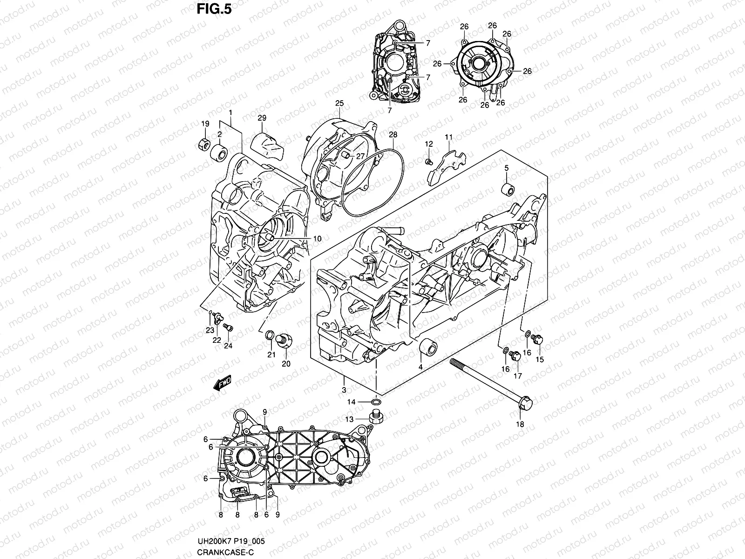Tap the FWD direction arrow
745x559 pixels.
(223, 383)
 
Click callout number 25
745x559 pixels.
(339, 103)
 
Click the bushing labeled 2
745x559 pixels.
(219, 152)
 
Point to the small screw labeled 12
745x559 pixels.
(429, 162)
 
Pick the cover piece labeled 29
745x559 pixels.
(266, 143)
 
